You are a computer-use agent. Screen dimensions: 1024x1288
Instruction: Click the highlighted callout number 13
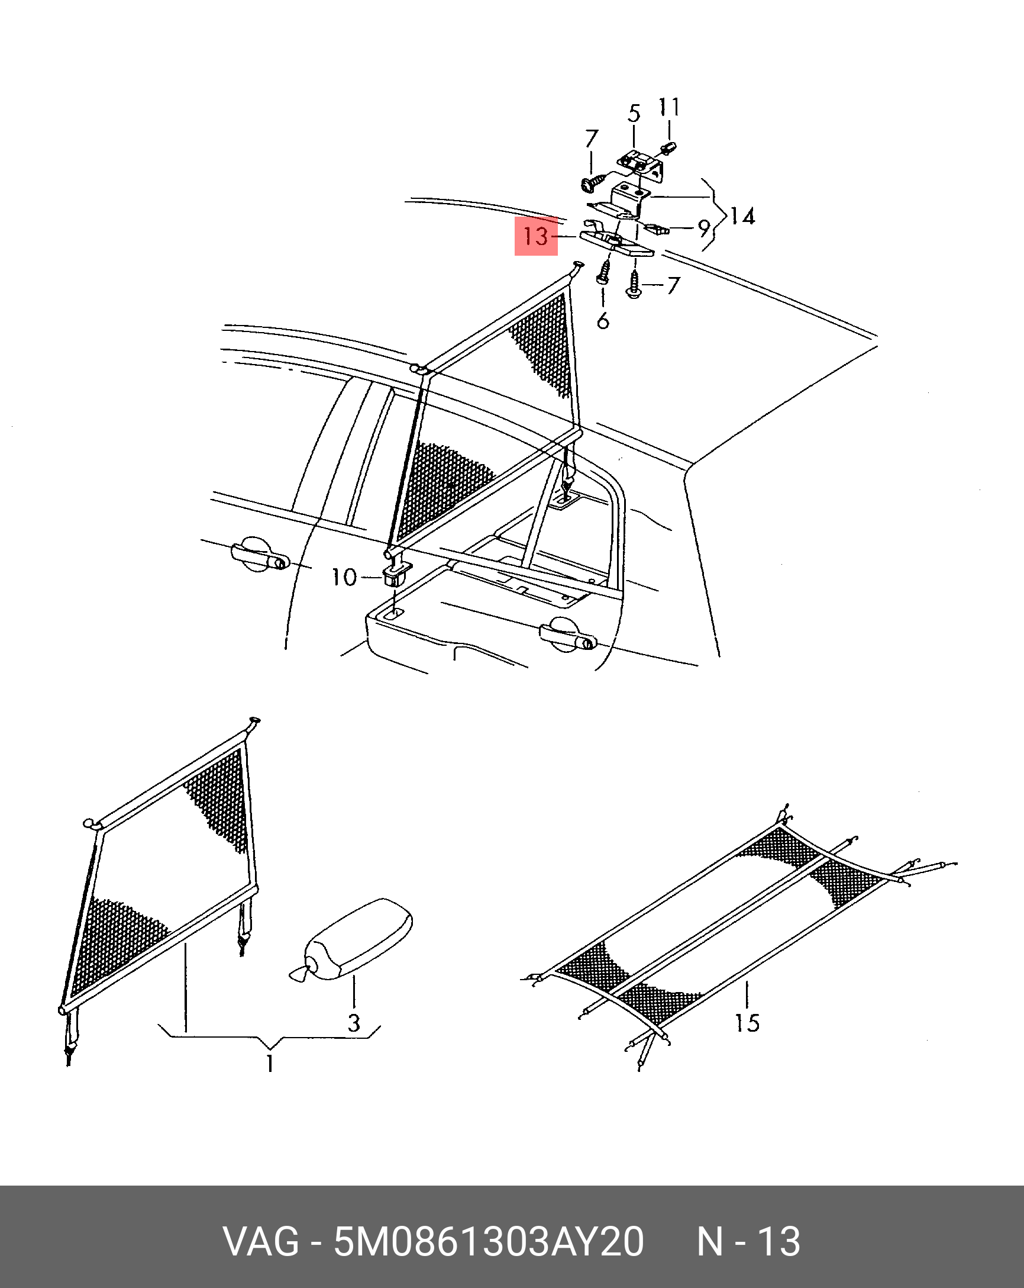point(535,237)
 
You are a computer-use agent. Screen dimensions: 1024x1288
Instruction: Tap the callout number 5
point(634,114)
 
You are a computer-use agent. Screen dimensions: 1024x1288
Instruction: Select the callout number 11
point(668,107)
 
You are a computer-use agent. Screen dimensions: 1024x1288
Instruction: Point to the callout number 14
point(742,216)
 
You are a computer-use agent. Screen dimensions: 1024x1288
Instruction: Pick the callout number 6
point(603,321)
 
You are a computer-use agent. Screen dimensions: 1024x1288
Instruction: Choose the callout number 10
point(344,577)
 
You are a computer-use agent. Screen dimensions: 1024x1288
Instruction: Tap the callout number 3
point(354,1023)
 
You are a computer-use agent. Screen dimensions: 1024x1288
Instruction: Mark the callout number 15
point(747,1023)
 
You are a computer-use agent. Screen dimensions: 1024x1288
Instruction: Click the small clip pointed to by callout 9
point(655,228)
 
